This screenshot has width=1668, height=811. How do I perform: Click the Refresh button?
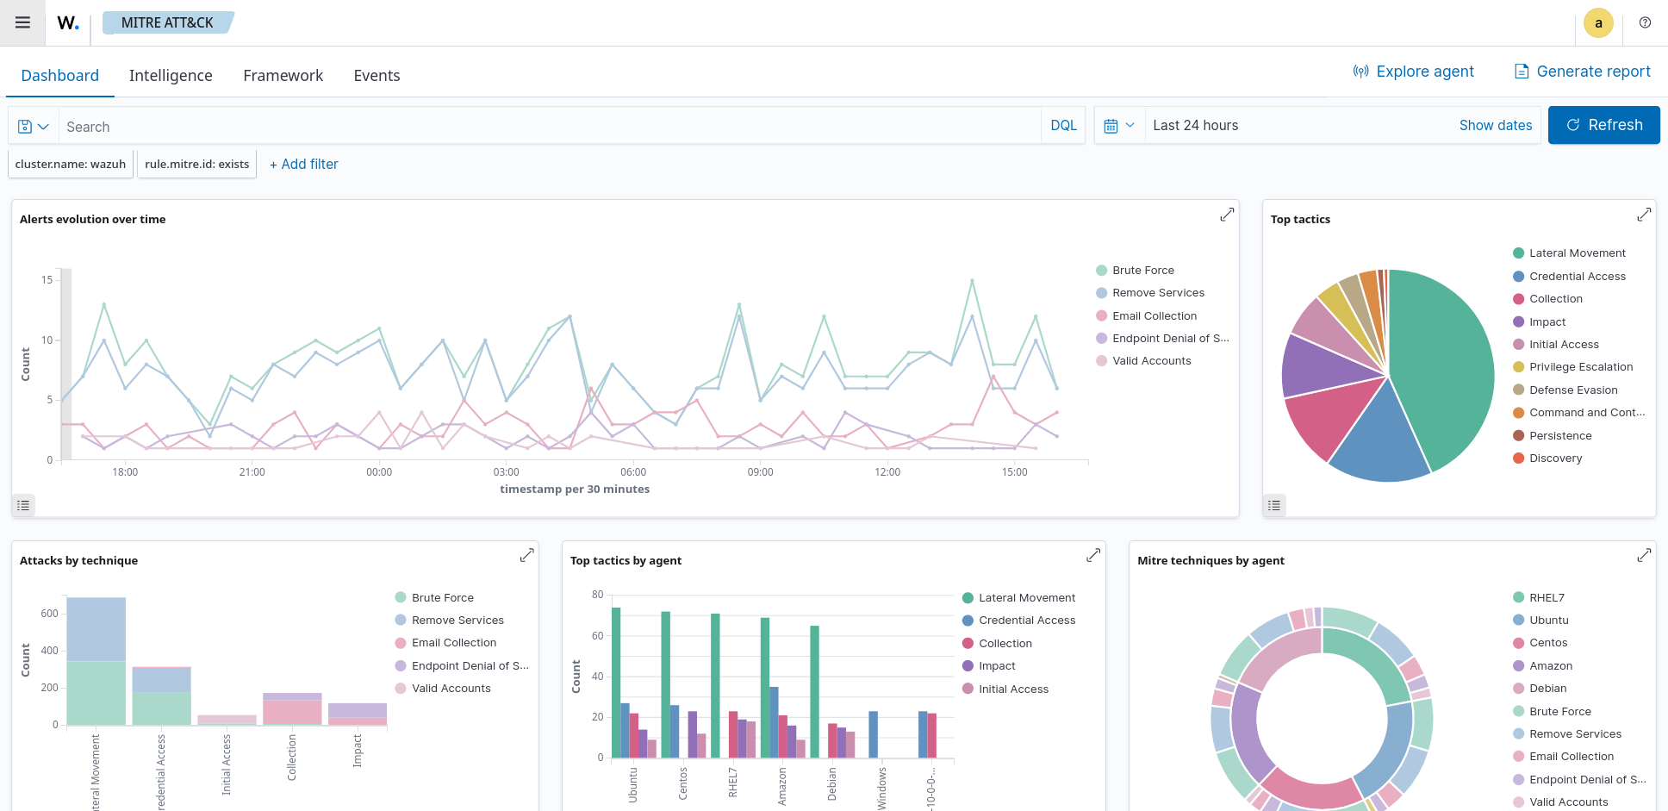tap(1603, 125)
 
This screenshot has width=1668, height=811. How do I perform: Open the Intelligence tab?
tap(171, 76)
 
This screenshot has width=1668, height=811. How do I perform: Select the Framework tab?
tap(283, 76)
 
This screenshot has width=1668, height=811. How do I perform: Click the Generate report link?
tap(1583, 72)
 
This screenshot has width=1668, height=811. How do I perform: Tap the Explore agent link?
tap(1414, 72)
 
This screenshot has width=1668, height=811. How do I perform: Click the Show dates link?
tap(1495, 126)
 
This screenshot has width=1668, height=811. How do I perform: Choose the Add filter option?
tap(304, 164)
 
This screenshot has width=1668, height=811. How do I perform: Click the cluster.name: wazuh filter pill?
tap(71, 164)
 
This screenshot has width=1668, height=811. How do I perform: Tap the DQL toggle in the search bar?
tap(1063, 126)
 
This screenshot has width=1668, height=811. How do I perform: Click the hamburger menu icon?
tap(23, 22)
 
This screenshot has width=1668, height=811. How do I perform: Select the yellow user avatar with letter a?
tap(1598, 23)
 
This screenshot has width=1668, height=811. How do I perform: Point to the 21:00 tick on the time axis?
tap(252, 472)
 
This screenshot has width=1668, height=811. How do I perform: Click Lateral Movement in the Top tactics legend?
tap(1577, 253)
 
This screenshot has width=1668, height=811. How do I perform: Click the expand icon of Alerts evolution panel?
tap(1227, 215)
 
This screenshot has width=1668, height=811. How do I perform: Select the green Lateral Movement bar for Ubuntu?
tap(616, 681)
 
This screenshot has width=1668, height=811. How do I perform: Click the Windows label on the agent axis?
tap(881, 788)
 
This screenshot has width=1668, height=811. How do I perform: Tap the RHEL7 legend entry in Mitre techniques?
tap(1547, 598)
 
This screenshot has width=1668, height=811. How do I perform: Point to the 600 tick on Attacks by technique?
tap(49, 614)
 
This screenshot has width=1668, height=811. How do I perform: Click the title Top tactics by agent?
tap(625, 561)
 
